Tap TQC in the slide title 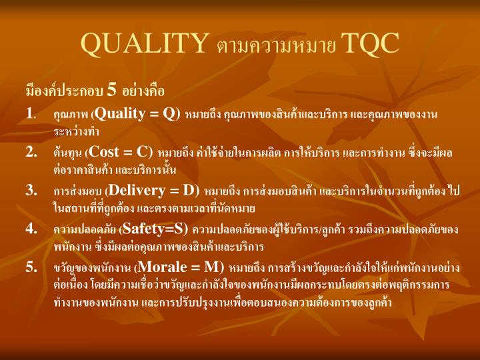369,43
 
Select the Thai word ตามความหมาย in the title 276,46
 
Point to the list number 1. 31,114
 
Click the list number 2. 31,153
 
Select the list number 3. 31,191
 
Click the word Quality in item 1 123,114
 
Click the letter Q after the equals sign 170,114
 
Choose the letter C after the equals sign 143,152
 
